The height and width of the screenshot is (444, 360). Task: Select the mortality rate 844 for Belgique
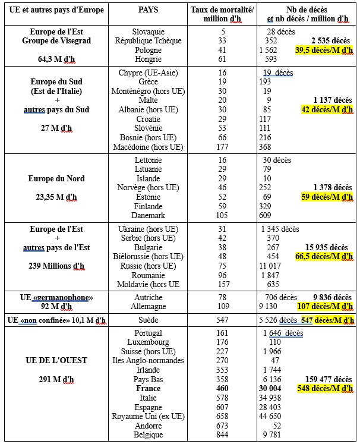pos(223,435)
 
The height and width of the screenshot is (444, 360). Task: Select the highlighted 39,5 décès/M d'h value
pos(324,51)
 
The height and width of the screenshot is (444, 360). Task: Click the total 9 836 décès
pos(331,297)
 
